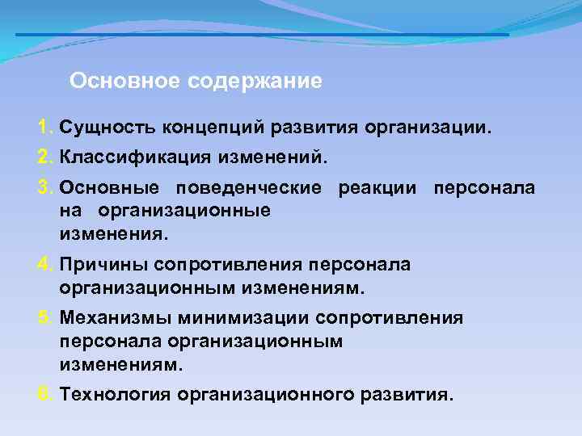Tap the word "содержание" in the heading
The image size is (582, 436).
click(x=255, y=82)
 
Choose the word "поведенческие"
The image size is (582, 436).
click(x=247, y=188)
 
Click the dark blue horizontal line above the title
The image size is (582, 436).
click(x=262, y=35)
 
